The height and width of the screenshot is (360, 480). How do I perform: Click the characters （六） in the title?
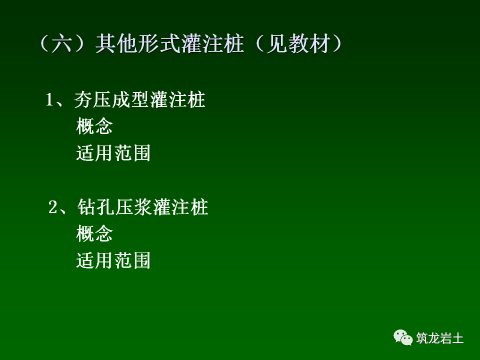click(64, 45)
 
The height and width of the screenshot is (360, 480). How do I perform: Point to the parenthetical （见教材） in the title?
click(295, 45)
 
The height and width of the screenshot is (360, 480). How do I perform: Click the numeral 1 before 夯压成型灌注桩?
click(49, 99)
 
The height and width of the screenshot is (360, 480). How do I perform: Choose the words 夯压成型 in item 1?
click(111, 100)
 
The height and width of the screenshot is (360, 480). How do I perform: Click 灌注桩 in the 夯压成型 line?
click(177, 100)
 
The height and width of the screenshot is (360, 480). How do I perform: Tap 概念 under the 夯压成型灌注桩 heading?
click(94, 126)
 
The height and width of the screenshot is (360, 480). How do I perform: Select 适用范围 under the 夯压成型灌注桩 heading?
click(113, 153)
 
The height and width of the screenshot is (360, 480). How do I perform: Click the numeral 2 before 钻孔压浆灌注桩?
click(52, 207)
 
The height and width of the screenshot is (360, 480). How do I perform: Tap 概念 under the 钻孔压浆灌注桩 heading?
click(94, 233)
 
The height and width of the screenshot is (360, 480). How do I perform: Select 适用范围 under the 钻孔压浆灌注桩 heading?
click(113, 260)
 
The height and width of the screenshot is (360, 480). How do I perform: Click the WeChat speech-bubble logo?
click(403, 337)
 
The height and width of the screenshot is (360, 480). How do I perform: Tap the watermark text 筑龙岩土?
click(440, 338)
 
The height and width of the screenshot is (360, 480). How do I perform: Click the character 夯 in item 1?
click(83, 100)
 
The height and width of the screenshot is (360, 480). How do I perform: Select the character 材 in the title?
click(320, 45)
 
